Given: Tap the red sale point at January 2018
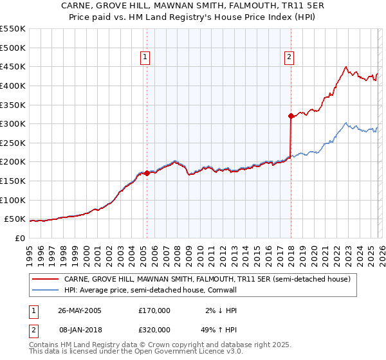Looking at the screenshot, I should [x=291, y=116].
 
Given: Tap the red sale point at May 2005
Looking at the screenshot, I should [x=147, y=173].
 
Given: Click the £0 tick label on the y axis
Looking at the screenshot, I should [x=20, y=238].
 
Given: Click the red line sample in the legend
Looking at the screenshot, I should [x=45, y=280].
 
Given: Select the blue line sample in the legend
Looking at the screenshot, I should [x=45, y=290].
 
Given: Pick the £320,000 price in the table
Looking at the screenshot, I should [x=154, y=328].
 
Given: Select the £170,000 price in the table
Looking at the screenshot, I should [x=154, y=310].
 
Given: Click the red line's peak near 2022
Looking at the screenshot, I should [x=346, y=66].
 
